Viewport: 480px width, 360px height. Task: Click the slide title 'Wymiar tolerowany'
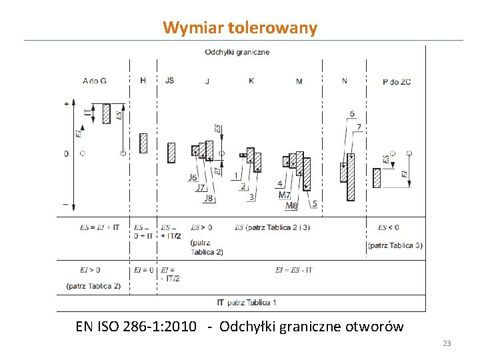240,28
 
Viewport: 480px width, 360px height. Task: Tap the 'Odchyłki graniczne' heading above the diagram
237,52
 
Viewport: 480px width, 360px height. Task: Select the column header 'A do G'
95,81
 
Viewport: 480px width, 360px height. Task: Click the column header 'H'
143,81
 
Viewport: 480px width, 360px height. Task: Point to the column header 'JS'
169,81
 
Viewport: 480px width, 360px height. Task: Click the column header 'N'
344,81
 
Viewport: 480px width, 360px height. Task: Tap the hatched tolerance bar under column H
143,143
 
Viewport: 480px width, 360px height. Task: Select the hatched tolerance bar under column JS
171,153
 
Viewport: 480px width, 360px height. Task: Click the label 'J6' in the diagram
193,177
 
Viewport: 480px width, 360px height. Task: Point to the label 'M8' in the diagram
291,206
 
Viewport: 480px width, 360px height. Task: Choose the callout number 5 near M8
314,204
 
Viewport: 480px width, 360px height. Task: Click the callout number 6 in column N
352,114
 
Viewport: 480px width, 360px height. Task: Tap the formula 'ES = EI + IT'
99,227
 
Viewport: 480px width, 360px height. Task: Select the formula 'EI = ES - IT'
293,270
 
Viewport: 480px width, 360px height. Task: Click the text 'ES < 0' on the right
389,227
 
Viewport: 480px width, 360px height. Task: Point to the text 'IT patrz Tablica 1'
247,303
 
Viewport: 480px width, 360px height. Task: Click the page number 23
447,343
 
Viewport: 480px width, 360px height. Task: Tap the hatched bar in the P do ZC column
377,178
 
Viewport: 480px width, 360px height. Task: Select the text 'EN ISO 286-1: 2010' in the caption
136,327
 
